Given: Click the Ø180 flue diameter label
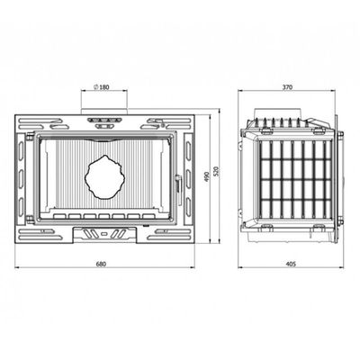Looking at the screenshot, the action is [x=102, y=87].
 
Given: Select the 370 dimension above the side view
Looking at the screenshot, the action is [x=287, y=87].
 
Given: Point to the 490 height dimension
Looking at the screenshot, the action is [x=206, y=177].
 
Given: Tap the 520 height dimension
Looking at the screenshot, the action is [x=218, y=171].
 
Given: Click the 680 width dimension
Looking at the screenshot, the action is [x=101, y=264].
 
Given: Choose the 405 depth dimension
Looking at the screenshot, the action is [x=291, y=264].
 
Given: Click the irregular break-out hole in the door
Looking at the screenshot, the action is [x=104, y=177].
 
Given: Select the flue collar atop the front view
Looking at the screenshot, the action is [x=104, y=112].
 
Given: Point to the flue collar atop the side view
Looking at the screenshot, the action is [x=278, y=113].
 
